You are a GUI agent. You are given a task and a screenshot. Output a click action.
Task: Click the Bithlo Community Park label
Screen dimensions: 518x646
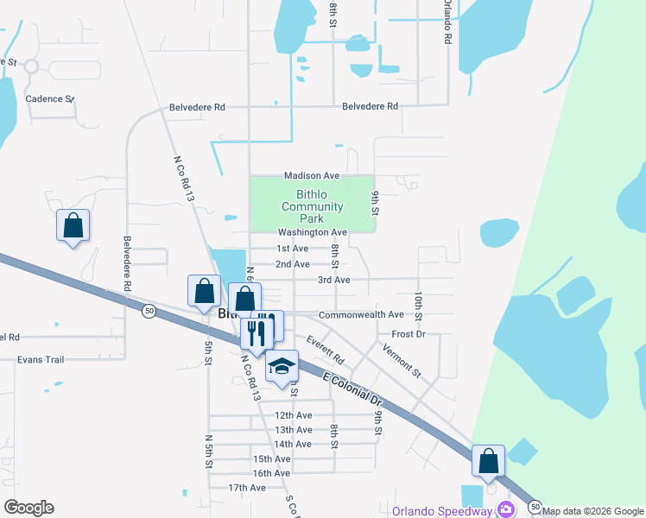[x=312, y=206]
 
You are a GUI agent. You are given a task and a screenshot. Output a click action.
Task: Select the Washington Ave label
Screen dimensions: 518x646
[x=312, y=232]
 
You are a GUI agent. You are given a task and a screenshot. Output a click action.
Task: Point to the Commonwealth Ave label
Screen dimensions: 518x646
[x=361, y=315]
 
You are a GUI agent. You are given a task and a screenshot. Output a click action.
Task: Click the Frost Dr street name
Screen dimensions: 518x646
[x=408, y=333]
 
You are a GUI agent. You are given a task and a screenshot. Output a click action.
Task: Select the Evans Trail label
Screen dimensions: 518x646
[x=41, y=359]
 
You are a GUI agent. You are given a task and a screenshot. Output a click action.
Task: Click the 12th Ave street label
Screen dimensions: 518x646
[x=293, y=415]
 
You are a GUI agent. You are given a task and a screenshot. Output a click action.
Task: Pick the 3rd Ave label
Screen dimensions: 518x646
[x=333, y=280]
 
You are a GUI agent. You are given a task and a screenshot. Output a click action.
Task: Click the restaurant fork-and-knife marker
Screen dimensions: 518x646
[x=256, y=332]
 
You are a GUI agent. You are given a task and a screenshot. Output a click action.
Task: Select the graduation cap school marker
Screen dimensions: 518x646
[x=282, y=366]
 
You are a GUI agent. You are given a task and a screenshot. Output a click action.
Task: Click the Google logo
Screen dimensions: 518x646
[x=28, y=508]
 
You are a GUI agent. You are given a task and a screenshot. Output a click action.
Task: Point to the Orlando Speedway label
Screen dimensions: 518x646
[x=441, y=510]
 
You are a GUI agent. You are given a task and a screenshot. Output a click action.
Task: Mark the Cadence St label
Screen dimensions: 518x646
[x=48, y=98]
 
